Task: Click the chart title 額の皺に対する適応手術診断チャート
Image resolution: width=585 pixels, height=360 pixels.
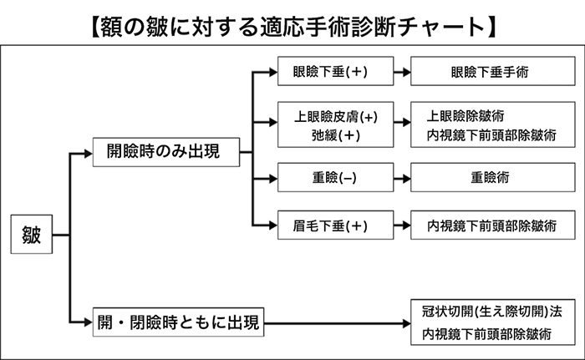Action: tap(293, 27)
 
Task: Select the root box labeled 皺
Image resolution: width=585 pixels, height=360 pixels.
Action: tap(32, 234)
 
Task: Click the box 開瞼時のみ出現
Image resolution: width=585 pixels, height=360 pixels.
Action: tap(166, 152)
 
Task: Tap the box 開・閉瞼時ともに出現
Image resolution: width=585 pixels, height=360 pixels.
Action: tap(178, 322)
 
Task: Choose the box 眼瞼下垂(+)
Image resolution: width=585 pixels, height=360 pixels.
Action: tap(335, 71)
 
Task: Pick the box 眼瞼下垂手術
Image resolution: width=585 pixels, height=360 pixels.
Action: tap(493, 71)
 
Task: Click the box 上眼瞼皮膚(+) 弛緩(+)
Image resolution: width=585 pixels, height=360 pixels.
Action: tap(335, 124)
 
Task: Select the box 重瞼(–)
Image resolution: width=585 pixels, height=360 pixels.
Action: tap(335, 177)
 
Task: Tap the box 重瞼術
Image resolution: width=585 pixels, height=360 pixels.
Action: tap(493, 177)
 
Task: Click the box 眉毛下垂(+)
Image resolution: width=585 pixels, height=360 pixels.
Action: tap(335, 225)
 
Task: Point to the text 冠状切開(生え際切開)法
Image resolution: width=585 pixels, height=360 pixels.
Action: tap(491, 311)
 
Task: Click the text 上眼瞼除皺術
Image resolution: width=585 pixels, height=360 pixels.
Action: tap(465, 116)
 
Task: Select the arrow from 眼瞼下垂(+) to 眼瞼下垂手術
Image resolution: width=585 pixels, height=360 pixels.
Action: tap(402, 72)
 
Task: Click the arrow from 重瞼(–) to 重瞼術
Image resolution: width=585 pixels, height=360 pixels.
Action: tap(402, 178)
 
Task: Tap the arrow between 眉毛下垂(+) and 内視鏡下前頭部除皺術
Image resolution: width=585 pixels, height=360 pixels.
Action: tap(402, 226)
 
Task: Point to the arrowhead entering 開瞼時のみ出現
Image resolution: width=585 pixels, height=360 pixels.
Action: tap(89, 154)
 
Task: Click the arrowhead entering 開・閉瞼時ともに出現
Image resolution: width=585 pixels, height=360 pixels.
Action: tap(89, 322)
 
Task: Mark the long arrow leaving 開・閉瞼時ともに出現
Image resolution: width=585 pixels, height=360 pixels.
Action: tap(338, 323)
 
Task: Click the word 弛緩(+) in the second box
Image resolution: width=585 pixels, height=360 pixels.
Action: tap(336, 135)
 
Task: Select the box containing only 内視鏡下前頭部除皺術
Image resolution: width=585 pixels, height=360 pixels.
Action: tap(493, 225)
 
